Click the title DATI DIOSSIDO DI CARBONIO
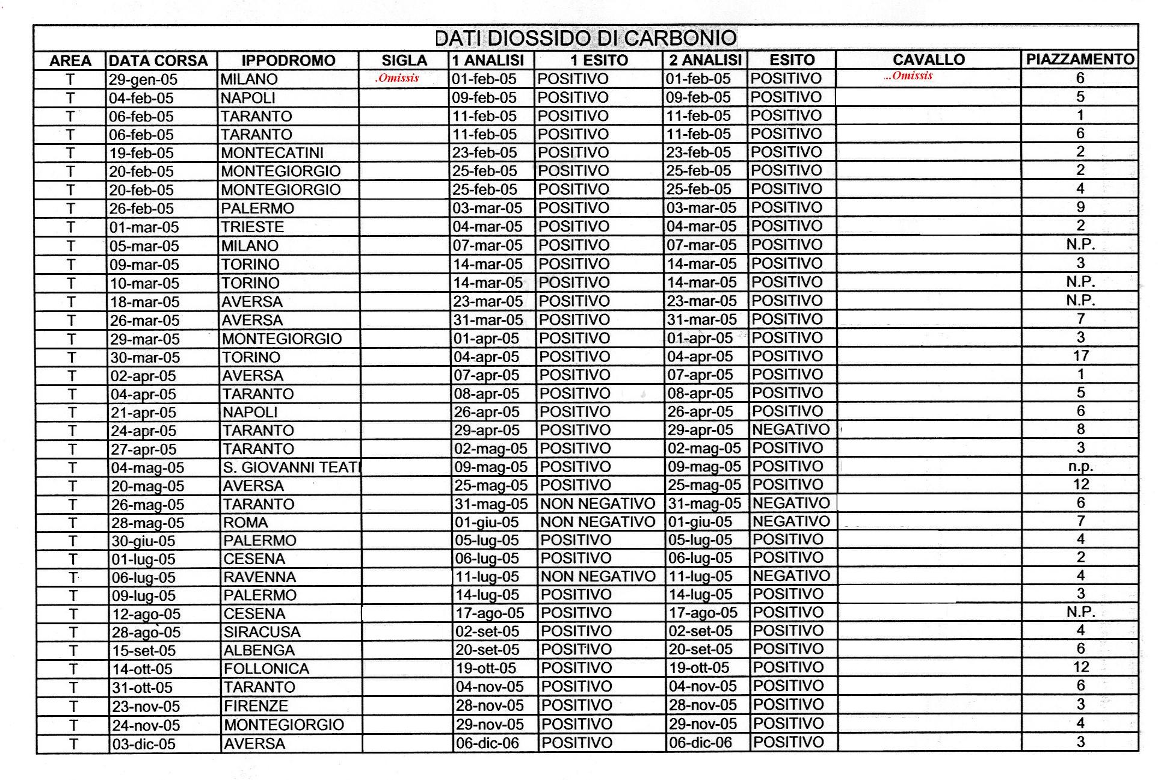coord(585,38)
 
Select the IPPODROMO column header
coord(288,61)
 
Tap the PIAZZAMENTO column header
coord(1080,60)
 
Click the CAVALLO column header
coord(928,60)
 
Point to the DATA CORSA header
coord(158,61)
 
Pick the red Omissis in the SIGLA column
coord(397,78)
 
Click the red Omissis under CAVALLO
coord(908,76)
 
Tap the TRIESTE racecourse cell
coord(252,227)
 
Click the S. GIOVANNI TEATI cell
coord(291,467)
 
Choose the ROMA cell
coord(245,523)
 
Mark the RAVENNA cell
coord(259,577)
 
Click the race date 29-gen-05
coord(143,79)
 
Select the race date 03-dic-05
coord(144,744)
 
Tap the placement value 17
coord(1080,356)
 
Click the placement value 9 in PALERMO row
coord(1080,207)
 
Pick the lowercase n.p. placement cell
coord(1080,467)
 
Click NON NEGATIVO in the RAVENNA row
coord(597,577)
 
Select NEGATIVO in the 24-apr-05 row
coord(790,430)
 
